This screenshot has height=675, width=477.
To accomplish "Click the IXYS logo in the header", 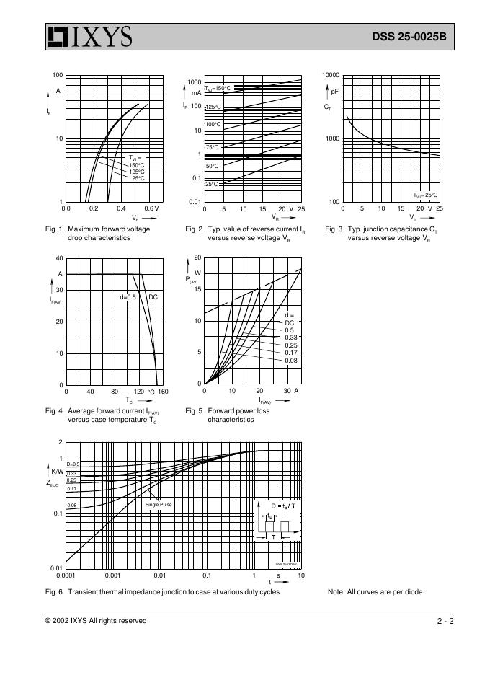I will [89, 37].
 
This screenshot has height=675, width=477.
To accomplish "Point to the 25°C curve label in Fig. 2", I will [212, 184].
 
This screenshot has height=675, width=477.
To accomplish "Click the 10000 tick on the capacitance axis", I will [331, 75].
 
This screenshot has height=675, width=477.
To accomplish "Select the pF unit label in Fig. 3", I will [334, 92].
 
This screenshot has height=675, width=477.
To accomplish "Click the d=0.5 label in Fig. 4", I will [128, 297].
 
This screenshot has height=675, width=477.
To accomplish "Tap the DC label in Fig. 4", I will [153, 297].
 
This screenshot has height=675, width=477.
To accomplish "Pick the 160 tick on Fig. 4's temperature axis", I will [163, 392].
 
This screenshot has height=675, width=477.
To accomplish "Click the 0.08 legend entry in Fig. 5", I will [291, 360].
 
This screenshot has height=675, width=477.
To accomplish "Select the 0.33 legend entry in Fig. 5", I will [291, 337].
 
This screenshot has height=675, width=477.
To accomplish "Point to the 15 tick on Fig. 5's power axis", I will [197, 289].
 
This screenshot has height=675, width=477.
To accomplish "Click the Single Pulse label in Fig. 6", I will [159, 504].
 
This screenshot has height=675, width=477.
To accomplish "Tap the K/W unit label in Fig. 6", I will [58, 470].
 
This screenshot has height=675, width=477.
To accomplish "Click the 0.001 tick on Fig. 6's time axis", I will [112, 575].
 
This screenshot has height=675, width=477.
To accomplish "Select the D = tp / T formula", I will [282, 507].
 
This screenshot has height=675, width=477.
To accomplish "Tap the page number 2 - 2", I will [445, 620].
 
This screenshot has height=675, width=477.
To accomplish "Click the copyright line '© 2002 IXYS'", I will [96, 620].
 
